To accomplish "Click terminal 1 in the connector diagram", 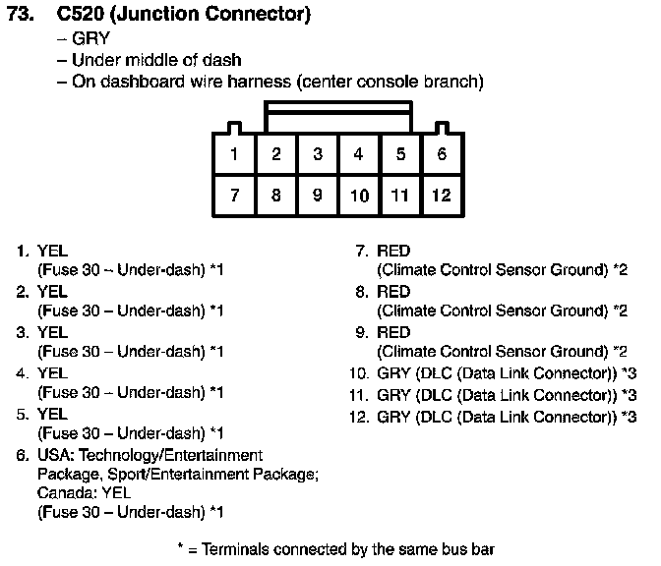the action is (x=234, y=153).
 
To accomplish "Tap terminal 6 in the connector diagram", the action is (x=443, y=153).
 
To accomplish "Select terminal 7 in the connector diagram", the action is (x=234, y=195).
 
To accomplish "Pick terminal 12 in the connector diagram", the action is (x=443, y=195).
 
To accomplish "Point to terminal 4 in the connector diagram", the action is (x=359, y=153).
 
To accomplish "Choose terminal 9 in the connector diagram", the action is (x=318, y=195).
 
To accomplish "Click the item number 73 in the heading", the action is (x=21, y=14).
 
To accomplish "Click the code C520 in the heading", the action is (x=80, y=14).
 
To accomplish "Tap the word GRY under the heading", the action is (x=90, y=38).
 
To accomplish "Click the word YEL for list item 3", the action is (x=53, y=333).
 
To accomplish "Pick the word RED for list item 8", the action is (x=393, y=292).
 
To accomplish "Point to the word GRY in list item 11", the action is (x=393, y=395).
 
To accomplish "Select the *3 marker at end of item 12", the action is (x=629, y=417).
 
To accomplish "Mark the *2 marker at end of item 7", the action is (x=620, y=269).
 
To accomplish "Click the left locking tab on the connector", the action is (x=234, y=128).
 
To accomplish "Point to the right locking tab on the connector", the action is (x=442, y=128).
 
